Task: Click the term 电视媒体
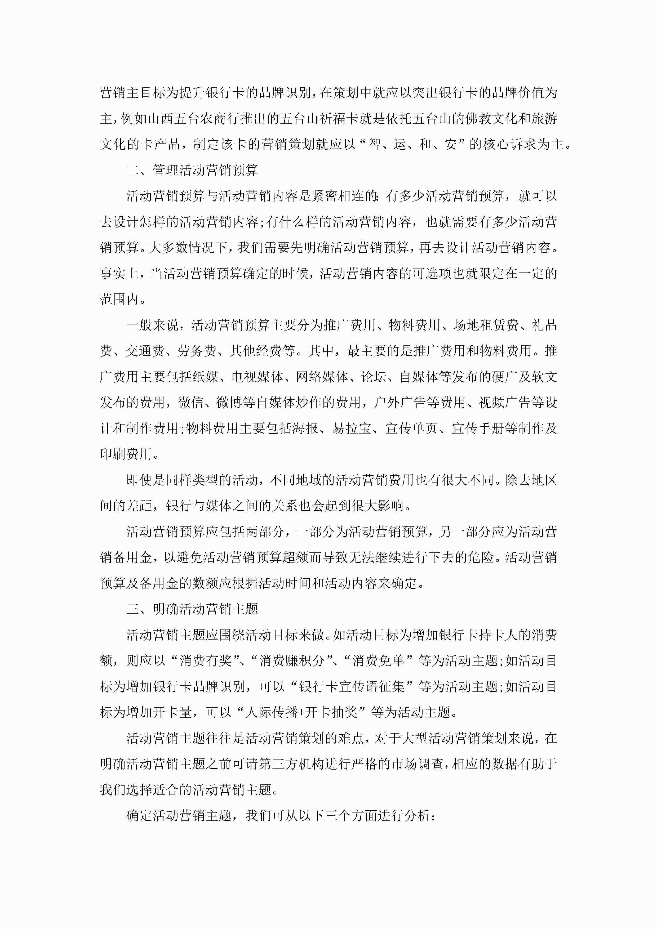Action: [258, 377]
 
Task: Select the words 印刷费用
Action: [126, 454]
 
